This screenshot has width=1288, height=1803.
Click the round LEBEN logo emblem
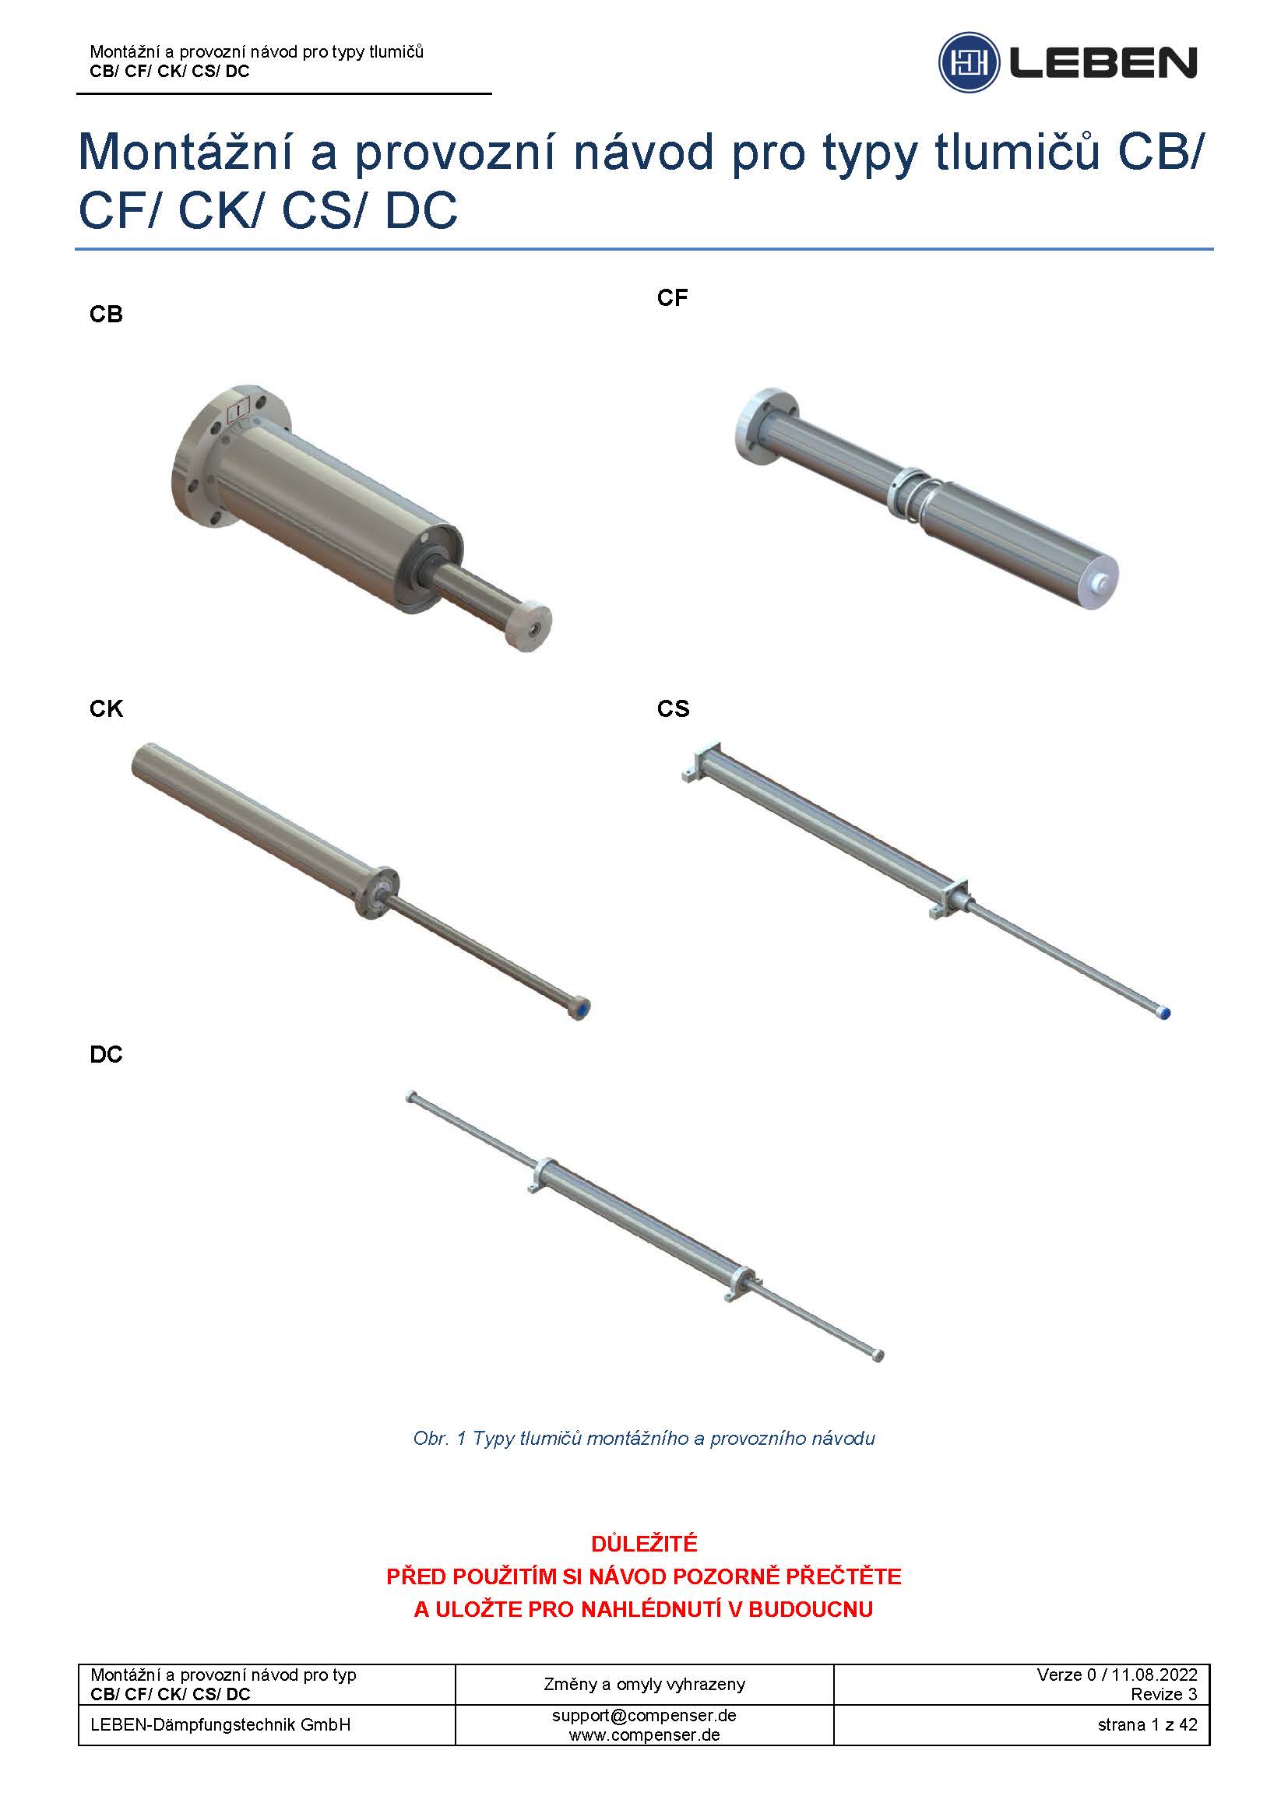969,62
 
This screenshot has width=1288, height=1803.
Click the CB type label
106,315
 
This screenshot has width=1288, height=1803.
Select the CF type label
673,298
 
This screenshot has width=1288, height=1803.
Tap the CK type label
106,709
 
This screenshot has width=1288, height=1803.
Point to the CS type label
674,709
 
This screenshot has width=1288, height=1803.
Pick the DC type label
106,1055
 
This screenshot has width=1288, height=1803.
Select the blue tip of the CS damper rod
1165,1013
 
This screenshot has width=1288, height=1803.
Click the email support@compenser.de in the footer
644,1715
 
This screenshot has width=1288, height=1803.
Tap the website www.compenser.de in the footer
644,1734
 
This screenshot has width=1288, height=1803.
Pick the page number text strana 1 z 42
1148,1724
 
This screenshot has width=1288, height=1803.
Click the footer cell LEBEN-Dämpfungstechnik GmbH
220,1724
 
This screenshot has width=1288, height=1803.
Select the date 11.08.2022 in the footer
1155,1675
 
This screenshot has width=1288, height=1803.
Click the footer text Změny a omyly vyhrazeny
644,1684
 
